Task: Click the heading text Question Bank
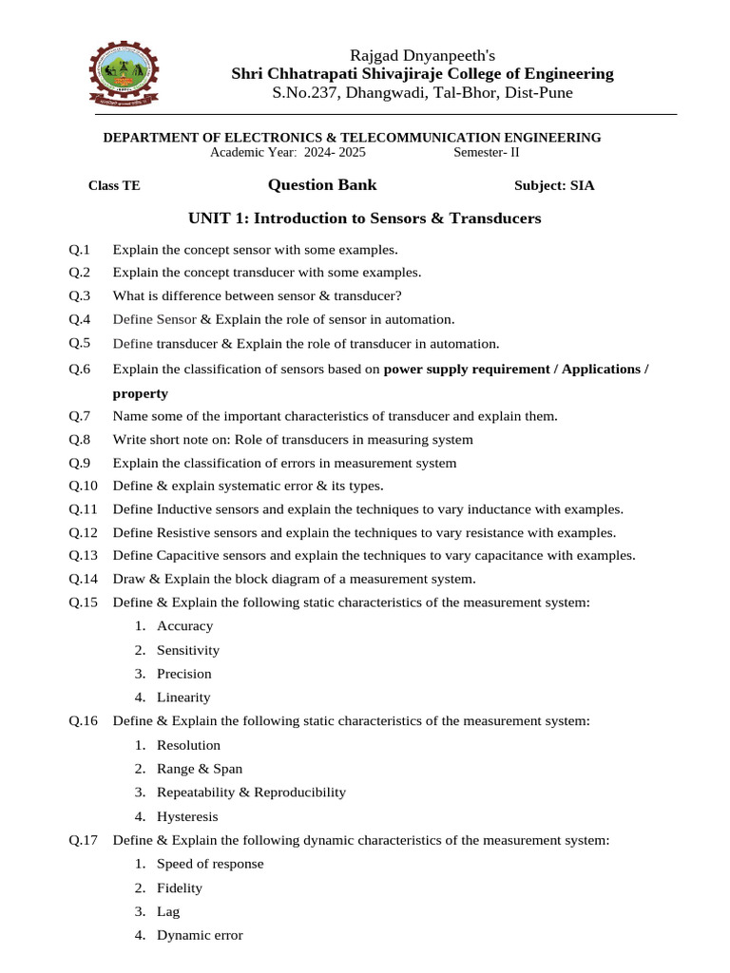pyautogui.click(x=321, y=185)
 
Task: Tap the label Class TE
pyautogui.click(x=114, y=186)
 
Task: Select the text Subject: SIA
pyautogui.click(x=554, y=186)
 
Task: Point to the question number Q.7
pyautogui.click(x=80, y=416)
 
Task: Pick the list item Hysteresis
pyautogui.click(x=187, y=816)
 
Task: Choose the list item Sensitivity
pyautogui.click(x=188, y=650)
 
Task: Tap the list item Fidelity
pyautogui.click(x=180, y=887)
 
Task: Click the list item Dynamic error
pyautogui.click(x=200, y=935)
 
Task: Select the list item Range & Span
pyautogui.click(x=200, y=769)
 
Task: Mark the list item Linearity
pyautogui.click(x=183, y=697)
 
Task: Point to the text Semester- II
pyautogui.click(x=487, y=152)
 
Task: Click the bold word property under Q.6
pyautogui.click(x=140, y=393)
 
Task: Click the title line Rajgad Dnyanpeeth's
pyautogui.click(x=423, y=55)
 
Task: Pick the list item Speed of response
pyautogui.click(x=210, y=864)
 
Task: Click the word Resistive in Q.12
pyautogui.click(x=186, y=532)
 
